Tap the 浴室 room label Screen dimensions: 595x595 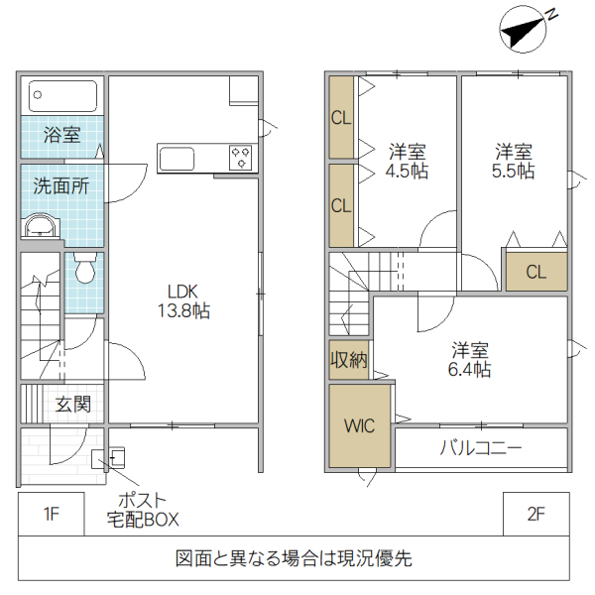(x=62, y=136)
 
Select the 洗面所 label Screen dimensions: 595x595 (x=61, y=185)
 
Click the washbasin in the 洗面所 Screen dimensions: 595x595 (x=41, y=226)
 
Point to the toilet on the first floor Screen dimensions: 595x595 (x=85, y=267)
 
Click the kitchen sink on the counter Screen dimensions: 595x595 (x=179, y=159)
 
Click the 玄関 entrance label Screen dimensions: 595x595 (x=73, y=404)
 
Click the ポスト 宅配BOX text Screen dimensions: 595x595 (x=143, y=509)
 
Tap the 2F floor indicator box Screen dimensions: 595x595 (x=535, y=514)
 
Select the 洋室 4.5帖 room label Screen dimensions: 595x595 (x=407, y=161)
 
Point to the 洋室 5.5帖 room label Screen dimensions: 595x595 (x=514, y=161)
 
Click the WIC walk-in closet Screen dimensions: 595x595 (x=360, y=426)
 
